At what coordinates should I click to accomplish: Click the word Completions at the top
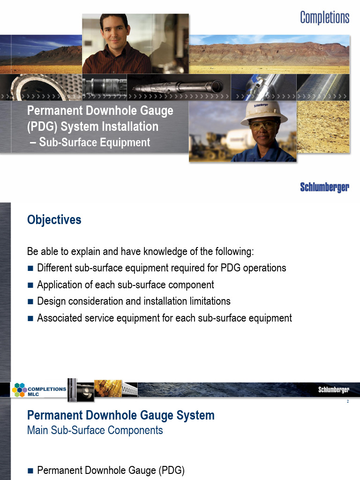[x=324, y=18]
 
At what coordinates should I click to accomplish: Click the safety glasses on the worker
[x=264, y=126]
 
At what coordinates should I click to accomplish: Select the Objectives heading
[x=54, y=219]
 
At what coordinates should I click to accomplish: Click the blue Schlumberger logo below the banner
[x=324, y=187]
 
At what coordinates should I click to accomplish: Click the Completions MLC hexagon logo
[x=19, y=390]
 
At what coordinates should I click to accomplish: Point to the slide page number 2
[x=348, y=402]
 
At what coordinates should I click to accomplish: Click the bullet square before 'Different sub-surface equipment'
[x=30, y=269]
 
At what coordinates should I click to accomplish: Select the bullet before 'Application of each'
[x=30, y=285]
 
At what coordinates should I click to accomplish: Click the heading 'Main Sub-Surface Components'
[x=95, y=430]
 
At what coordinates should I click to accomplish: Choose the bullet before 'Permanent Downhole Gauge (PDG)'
[x=30, y=470]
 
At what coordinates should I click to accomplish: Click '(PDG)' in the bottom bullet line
[x=172, y=470]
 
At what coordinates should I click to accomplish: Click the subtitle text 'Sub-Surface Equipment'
[x=95, y=142]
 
